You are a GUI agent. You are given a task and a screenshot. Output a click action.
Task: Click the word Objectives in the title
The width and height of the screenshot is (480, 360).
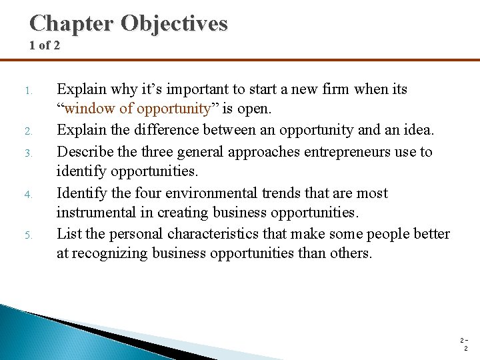click(174, 23)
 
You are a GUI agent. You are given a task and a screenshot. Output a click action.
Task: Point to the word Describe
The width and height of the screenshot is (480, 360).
click(83, 151)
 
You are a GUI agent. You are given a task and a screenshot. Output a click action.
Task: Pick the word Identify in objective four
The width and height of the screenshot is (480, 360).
click(80, 193)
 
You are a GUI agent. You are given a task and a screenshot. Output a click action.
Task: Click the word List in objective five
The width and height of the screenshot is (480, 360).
click(67, 234)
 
